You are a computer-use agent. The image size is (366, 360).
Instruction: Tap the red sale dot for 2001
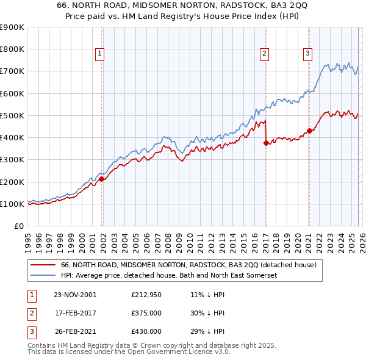point(102,179)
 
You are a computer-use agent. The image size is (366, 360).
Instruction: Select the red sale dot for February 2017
point(266,143)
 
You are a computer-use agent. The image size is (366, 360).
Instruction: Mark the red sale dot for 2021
point(309,131)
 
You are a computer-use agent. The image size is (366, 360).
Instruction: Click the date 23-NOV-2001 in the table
point(75,294)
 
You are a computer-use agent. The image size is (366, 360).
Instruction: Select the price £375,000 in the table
point(146,313)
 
